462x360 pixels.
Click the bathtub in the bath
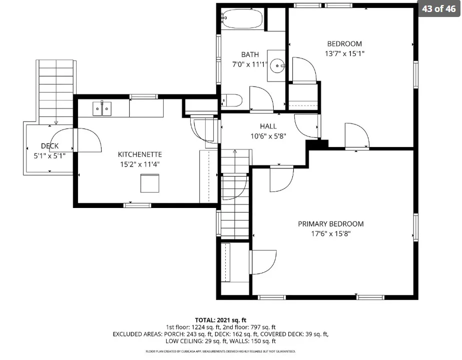coord(242,19)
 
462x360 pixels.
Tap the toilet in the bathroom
coord(232,100)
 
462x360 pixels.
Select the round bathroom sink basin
coord(278,65)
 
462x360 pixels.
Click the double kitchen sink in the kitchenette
coord(102,108)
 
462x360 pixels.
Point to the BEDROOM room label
coord(344,44)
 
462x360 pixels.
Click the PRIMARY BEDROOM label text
coord(330,224)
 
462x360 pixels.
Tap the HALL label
coord(268,126)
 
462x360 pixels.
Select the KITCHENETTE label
coord(140,154)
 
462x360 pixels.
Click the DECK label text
coord(50,146)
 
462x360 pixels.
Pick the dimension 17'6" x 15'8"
coord(331,233)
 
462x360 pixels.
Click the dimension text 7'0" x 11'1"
coord(250,64)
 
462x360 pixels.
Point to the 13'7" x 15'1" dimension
coord(345,53)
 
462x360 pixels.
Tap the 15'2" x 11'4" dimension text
coord(140,164)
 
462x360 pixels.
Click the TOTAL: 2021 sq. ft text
coord(221,320)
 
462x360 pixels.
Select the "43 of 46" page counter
coord(439,9)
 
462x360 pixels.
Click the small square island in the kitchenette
coord(150,183)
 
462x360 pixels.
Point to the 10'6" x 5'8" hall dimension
coord(268,136)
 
